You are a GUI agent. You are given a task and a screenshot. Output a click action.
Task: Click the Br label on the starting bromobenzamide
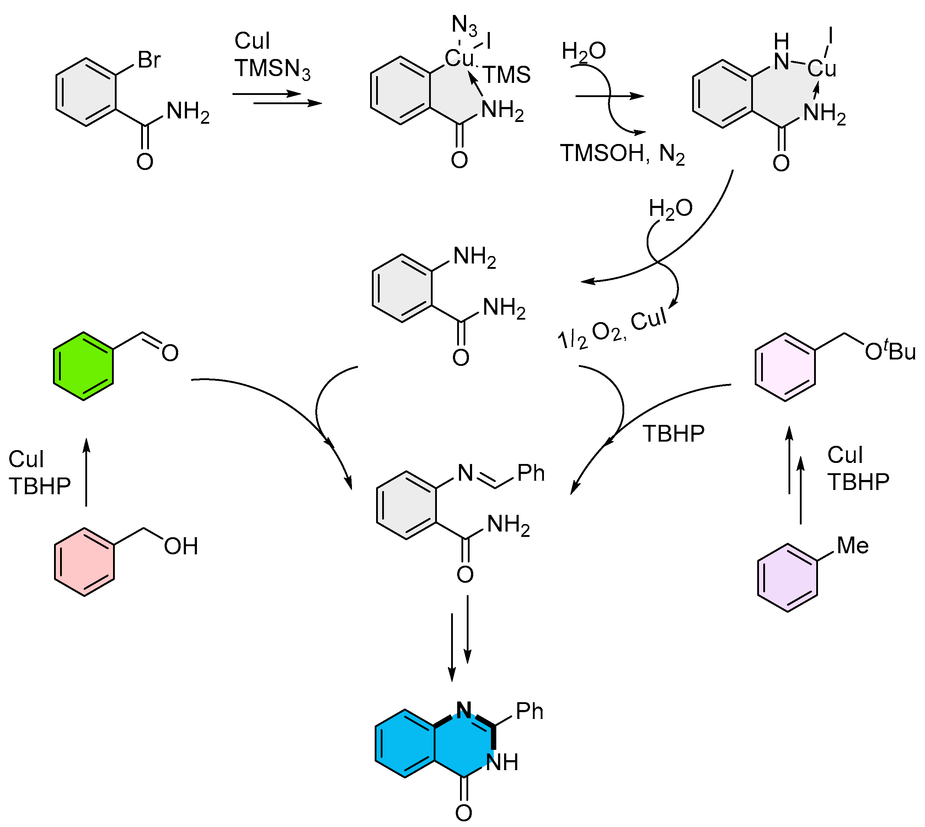click(x=149, y=60)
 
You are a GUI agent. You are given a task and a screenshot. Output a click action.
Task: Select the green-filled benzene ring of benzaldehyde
click(x=83, y=366)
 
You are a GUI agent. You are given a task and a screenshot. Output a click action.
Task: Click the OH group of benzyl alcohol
click(x=181, y=546)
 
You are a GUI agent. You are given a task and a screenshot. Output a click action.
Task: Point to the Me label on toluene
click(x=852, y=545)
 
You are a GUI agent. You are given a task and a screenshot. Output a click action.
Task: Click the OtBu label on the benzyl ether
click(x=889, y=351)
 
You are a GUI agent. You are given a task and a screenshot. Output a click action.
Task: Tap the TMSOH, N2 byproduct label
click(x=621, y=154)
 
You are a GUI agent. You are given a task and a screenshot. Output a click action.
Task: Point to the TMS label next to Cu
click(x=507, y=75)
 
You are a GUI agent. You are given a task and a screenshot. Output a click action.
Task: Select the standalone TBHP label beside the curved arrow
click(x=673, y=434)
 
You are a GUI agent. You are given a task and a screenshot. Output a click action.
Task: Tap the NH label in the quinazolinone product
click(x=502, y=762)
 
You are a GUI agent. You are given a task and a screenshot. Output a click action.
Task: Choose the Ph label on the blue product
click(x=529, y=711)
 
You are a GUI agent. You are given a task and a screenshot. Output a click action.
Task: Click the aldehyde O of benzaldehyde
click(x=170, y=353)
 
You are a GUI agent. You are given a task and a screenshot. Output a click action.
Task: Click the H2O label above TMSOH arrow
click(x=583, y=51)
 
